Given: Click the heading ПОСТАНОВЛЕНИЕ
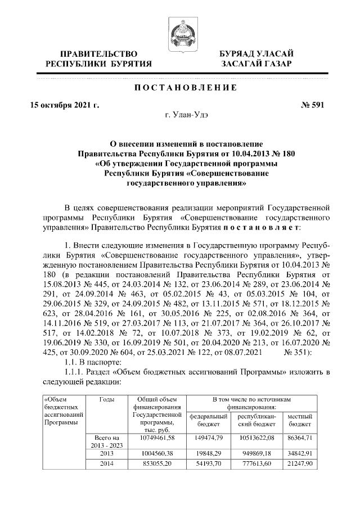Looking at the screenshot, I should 180,88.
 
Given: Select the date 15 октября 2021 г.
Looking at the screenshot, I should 65,105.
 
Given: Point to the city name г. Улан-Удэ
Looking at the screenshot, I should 180,116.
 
